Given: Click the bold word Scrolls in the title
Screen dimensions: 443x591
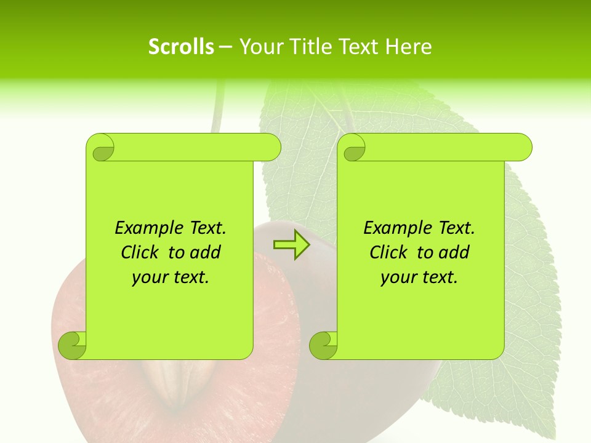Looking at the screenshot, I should pyautogui.click(x=181, y=47).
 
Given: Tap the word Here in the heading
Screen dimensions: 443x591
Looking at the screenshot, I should pyautogui.click(x=408, y=47).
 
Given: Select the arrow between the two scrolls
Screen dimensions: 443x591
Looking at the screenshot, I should pyautogui.click(x=292, y=245).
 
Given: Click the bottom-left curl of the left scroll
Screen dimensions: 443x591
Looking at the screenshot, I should pyautogui.click(x=72, y=345).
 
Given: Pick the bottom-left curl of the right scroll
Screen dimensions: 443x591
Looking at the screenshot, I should pyautogui.click(x=323, y=345).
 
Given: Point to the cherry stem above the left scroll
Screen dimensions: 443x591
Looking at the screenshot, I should pyautogui.click(x=216, y=111).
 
